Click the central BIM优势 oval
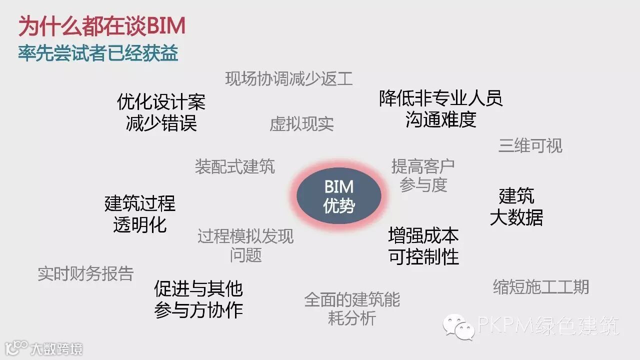click(339, 195)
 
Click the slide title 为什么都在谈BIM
click(102, 26)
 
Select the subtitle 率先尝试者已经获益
click(98, 53)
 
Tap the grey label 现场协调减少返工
click(289, 79)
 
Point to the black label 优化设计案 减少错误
click(161, 112)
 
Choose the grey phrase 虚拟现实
click(301, 124)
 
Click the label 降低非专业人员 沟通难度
click(440, 108)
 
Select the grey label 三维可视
click(530, 145)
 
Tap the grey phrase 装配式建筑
click(234, 166)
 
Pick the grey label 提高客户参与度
click(423, 175)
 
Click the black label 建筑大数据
click(516, 206)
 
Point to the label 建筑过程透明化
click(140, 214)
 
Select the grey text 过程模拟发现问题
click(245, 245)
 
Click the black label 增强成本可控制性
click(423, 246)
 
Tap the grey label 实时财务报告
click(86, 273)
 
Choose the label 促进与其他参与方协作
click(198, 299)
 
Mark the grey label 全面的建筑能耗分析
click(352, 308)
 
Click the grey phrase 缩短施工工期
click(541, 287)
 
